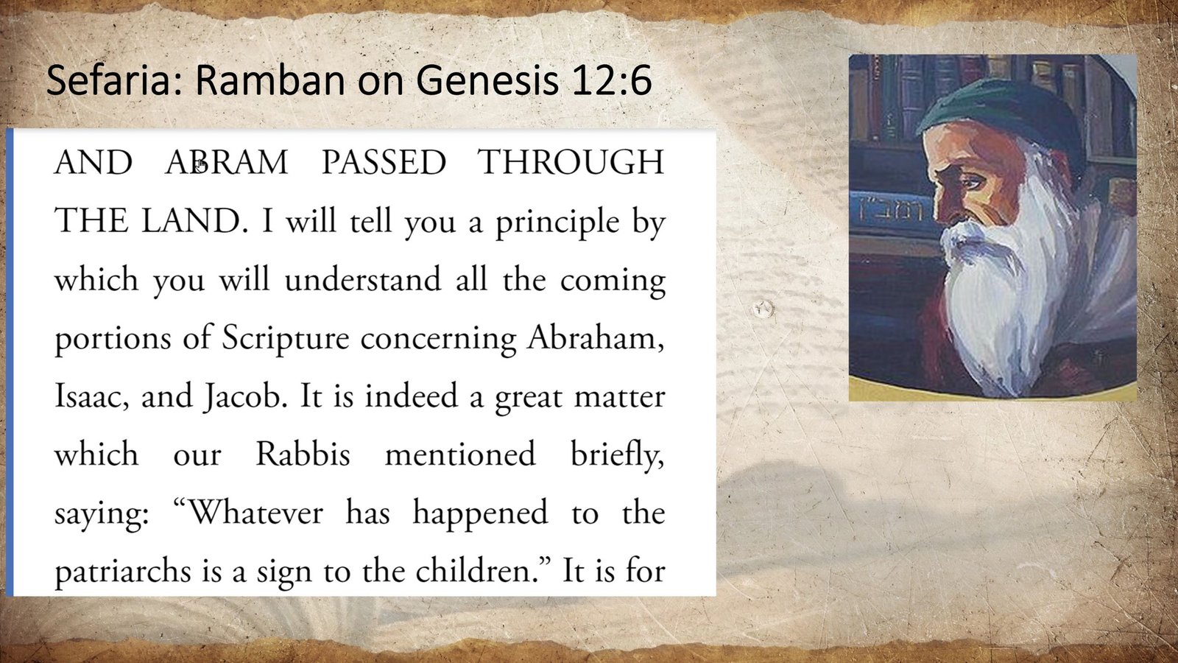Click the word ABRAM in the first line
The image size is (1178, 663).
227,162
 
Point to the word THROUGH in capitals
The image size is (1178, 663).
571,162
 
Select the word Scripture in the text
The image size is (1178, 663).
286,338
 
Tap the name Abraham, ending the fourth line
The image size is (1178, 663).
596,338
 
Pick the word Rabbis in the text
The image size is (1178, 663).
303,455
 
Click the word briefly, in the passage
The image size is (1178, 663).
617,455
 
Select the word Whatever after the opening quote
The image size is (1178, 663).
255,513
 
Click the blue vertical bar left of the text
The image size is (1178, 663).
9,361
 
